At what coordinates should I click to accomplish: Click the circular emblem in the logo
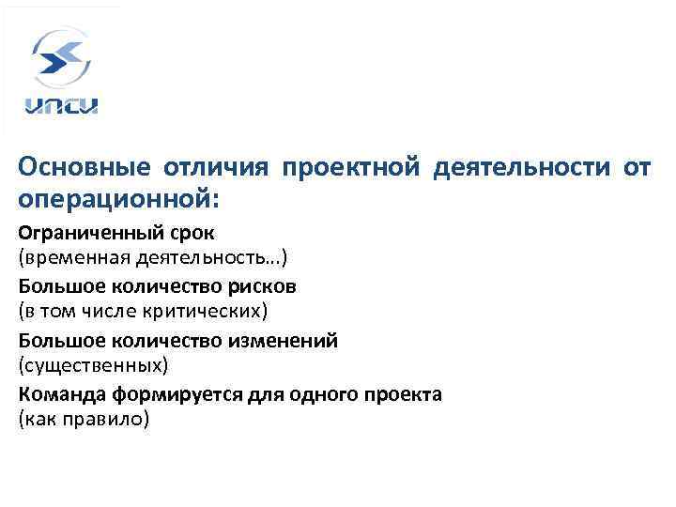point(63,57)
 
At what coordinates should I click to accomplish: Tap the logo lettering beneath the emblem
point(63,105)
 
